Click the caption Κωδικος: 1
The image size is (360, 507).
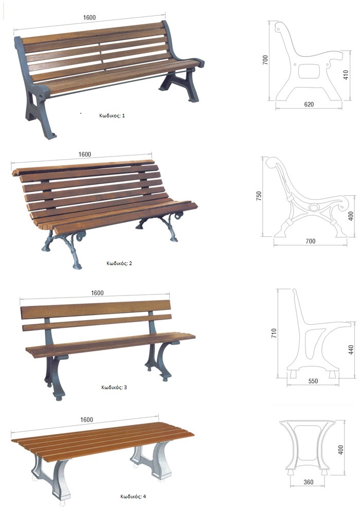click(x=112, y=115)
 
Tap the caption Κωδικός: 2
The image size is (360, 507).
click(x=119, y=263)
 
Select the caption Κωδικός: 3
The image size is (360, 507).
click(x=114, y=387)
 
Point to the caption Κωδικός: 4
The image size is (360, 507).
click(x=133, y=496)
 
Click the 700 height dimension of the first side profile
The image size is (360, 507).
click(x=265, y=60)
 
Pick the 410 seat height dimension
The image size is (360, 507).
click(x=346, y=75)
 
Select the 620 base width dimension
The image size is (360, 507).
click(x=309, y=104)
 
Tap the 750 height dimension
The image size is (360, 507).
click(x=259, y=196)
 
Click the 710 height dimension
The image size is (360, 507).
click(x=274, y=334)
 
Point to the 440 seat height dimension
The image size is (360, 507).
click(x=351, y=349)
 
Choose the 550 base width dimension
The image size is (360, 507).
click(x=313, y=381)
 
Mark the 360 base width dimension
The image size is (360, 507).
click(x=309, y=482)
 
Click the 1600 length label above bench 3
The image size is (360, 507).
click(x=97, y=293)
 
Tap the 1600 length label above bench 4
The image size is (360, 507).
click(x=86, y=419)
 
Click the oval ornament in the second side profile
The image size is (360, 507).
click(x=314, y=207)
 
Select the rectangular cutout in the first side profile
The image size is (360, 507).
click(x=309, y=71)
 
